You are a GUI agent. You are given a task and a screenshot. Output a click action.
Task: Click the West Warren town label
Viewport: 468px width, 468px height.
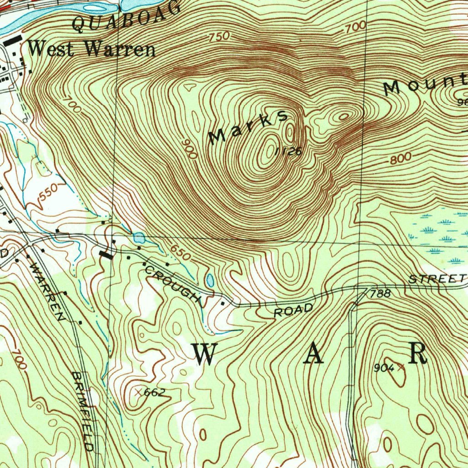[x=91, y=48]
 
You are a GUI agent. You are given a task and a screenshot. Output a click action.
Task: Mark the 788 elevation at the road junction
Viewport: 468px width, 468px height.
[x=380, y=293]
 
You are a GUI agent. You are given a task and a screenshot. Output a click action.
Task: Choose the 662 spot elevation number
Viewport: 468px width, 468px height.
[x=154, y=393]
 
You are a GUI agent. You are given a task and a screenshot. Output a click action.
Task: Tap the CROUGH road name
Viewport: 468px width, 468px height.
[x=173, y=284]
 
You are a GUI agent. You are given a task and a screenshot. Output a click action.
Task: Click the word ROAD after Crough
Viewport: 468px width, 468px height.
[x=293, y=310]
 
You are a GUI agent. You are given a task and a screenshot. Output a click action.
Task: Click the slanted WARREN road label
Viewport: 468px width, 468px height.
[x=46, y=289]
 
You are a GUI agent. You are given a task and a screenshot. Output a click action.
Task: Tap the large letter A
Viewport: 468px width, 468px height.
[x=315, y=353]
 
